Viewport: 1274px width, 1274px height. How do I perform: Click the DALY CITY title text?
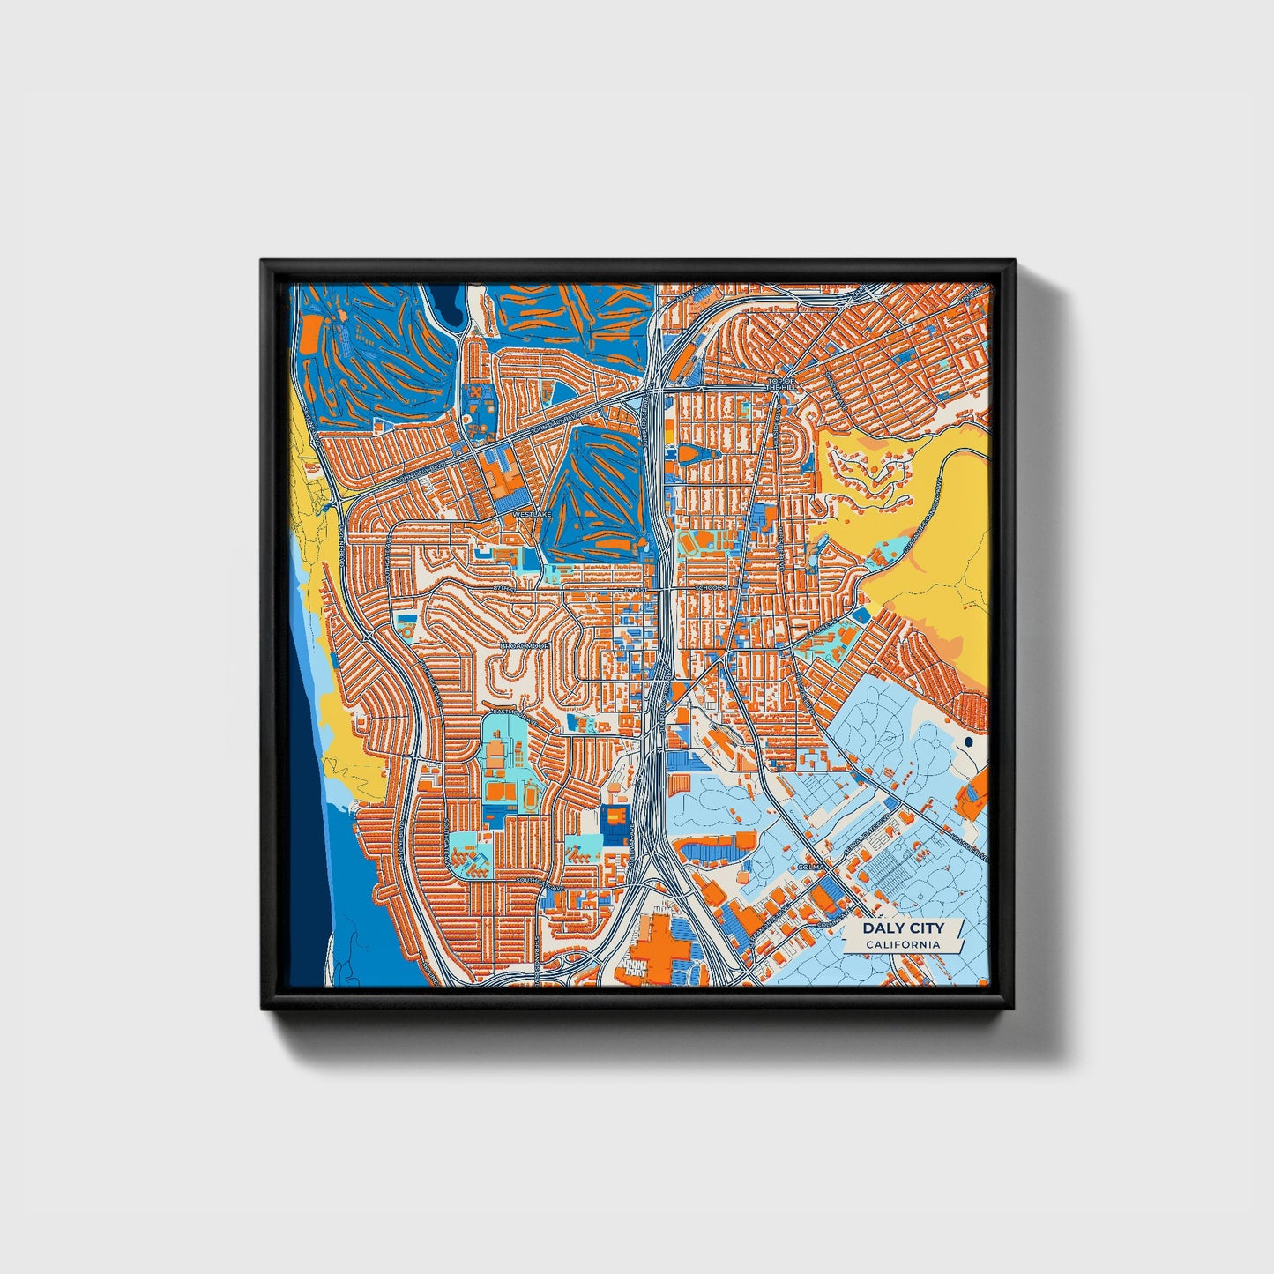point(902,928)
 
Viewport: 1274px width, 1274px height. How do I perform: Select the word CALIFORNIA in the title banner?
point(902,945)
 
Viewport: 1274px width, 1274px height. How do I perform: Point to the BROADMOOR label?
point(525,646)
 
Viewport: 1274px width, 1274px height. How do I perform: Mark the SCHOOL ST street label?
point(712,587)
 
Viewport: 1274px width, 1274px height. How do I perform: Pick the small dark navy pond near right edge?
point(969,742)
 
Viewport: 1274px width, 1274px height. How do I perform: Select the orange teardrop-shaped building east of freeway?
point(690,453)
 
